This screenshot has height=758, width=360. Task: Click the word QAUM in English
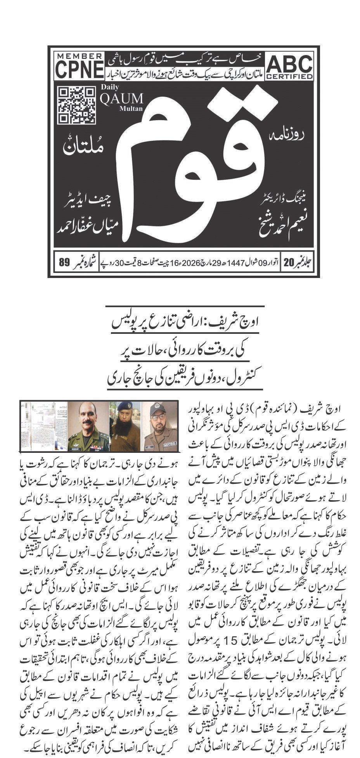click(121, 98)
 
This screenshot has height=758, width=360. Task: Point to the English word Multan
click(131, 109)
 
